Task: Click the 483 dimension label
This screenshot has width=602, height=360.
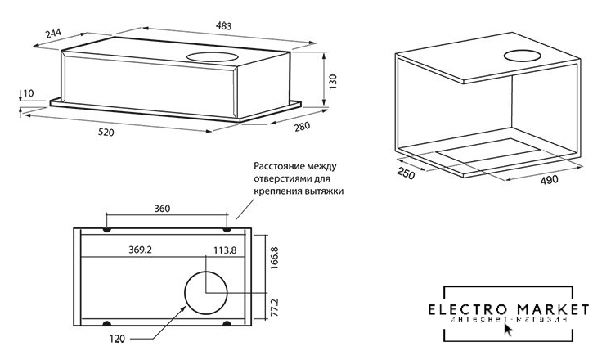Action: [x=223, y=26]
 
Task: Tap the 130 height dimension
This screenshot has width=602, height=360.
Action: [x=330, y=83]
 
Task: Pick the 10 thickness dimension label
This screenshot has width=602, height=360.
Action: [x=29, y=93]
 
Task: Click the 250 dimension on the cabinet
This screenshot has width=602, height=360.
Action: [x=405, y=173]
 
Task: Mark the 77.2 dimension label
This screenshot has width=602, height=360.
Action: [x=275, y=307]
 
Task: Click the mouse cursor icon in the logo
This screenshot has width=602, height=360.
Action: [x=510, y=330]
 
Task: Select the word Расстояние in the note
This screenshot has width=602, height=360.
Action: [x=278, y=165]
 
